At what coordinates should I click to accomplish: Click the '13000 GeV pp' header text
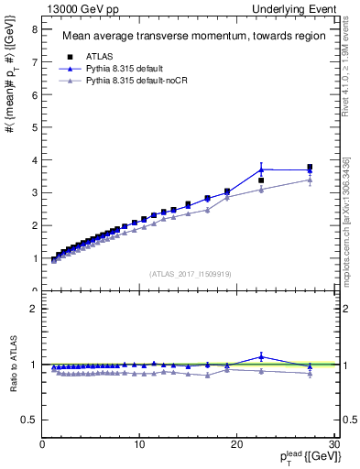tap(80, 8)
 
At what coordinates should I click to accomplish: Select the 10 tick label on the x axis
tap(139, 445)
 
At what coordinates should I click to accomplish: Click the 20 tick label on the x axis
tap(236, 445)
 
